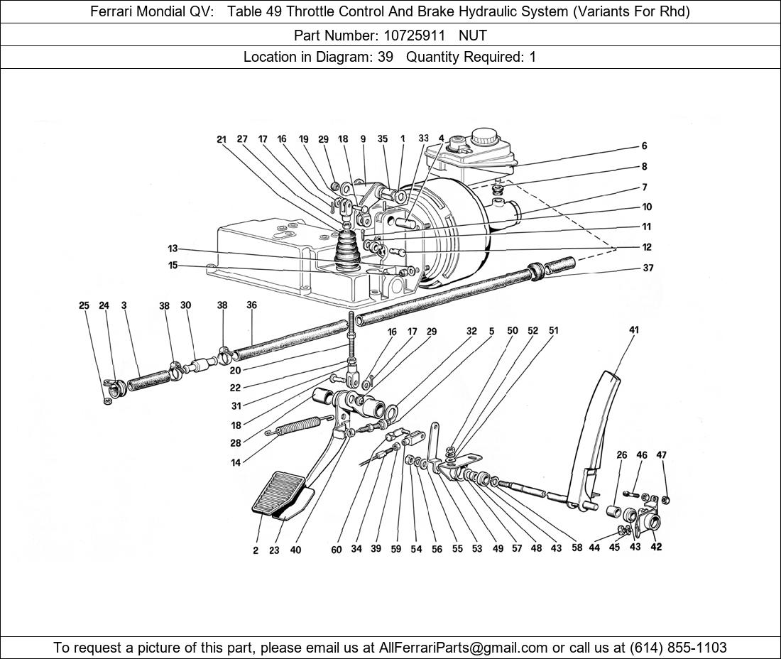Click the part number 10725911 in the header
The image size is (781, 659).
415,34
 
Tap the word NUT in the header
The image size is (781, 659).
473,34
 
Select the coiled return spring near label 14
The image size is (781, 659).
294,427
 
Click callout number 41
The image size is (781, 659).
634,329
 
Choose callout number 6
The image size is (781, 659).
645,146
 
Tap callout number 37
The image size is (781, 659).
648,268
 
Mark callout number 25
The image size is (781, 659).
84,306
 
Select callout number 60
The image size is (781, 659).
337,550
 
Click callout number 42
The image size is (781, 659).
656,548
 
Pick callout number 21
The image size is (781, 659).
222,140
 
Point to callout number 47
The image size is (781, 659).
662,455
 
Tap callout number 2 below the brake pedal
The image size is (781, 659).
256,551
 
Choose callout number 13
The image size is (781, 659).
173,249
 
